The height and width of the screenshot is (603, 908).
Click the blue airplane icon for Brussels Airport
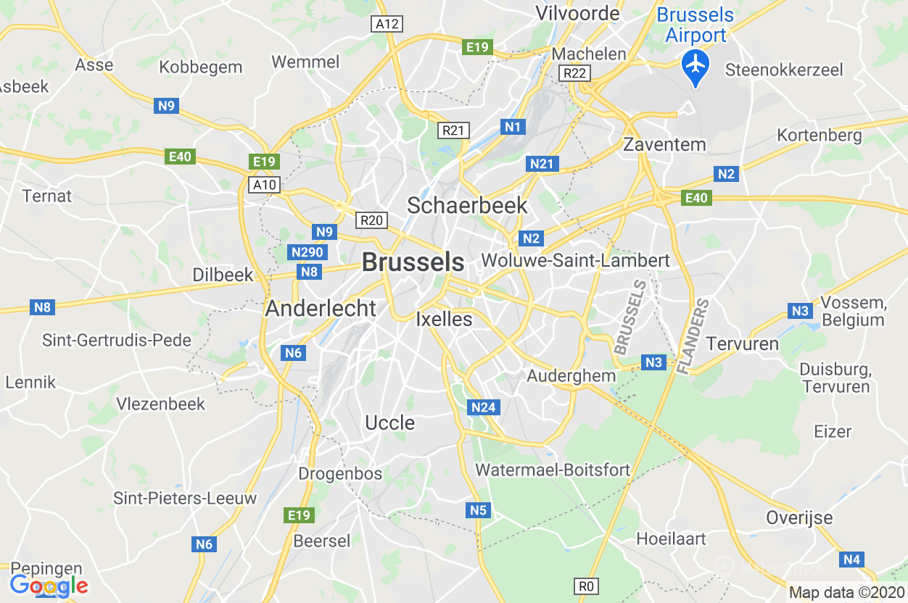pos(696,65)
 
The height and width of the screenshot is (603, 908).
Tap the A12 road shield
pos(387,24)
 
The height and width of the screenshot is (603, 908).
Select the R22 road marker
pos(576,73)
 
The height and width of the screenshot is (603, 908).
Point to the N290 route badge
pos(307,252)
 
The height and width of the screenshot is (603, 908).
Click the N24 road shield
pos(483,407)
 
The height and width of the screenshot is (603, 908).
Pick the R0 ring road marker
pos(587,586)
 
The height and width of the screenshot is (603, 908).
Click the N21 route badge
pos(541,164)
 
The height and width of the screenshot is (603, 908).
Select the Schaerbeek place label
pos(467,205)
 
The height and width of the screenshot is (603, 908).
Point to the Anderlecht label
pos(321,308)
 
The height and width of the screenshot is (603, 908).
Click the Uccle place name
pos(390,423)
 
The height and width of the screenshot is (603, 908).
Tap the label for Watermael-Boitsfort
pos(553,470)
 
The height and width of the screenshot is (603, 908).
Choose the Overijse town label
pos(799,518)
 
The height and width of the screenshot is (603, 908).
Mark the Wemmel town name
pos(305,62)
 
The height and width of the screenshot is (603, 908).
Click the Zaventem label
pos(664,144)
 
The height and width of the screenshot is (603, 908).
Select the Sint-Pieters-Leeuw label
pos(185,499)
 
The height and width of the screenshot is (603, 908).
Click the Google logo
pos(49,586)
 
